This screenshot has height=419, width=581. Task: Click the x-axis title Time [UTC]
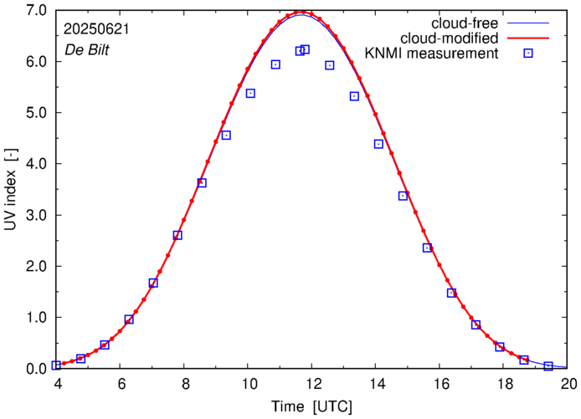pos(312,406)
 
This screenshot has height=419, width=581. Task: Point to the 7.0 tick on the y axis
pos(36,10)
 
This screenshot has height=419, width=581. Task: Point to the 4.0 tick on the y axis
pos(36,163)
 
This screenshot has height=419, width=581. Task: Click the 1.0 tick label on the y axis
pos(36,317)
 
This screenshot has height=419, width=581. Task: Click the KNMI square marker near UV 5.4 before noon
pos(250,93)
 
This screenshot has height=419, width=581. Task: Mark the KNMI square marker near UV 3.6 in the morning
pos(202,183)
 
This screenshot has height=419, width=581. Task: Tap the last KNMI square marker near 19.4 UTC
pos(548,366)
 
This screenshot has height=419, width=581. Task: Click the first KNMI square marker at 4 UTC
pos(56,365)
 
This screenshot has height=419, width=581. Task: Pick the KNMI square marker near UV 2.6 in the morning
pos(177,235)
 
